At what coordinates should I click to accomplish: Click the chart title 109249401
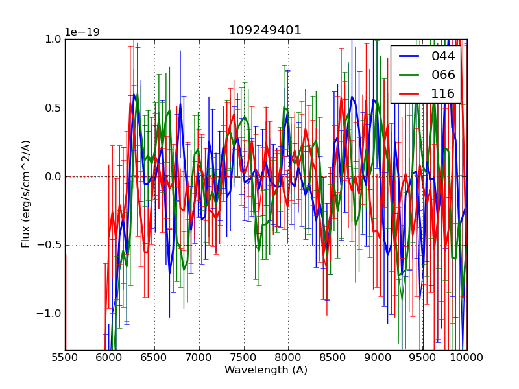pos(265,30)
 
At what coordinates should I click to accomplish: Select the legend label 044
pos(443,56)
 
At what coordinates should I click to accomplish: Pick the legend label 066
pos(443,75)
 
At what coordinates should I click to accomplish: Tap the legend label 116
pos(443,93)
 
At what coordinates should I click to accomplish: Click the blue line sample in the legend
pos(409,56)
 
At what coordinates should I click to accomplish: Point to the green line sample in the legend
pos(409,75)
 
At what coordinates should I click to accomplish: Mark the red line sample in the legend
pos(409,94)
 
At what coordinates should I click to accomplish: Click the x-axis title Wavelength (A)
pos(266,370)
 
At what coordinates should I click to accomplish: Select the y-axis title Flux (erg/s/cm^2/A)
pos(27,194)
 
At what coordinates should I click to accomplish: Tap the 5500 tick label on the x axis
pos(65,358)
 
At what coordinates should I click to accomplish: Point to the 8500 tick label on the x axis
pos(333,358)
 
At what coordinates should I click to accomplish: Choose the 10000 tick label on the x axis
pos(467,358)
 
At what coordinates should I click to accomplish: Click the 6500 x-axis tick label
pos(154,358)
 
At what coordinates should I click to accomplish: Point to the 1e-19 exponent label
pos(82,32)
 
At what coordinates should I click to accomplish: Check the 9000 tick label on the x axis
pos(378,358)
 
